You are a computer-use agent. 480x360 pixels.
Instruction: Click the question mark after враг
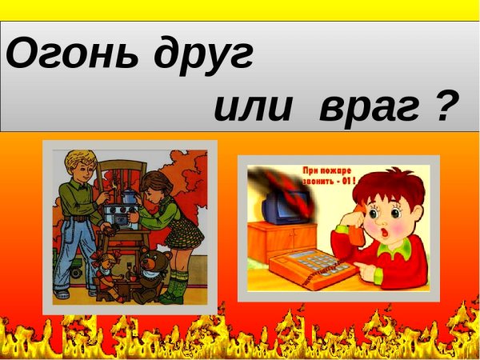click(x=453, y=104)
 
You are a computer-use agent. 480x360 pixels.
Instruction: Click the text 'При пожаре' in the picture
click(x=325, y=170)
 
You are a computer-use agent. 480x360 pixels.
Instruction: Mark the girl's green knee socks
click(x=179, y=284)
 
